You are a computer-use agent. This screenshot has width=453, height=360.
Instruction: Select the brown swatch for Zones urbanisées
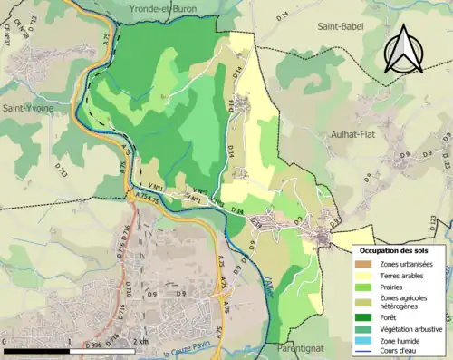point(367,264)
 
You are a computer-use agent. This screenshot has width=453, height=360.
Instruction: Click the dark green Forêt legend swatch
point(367,318)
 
